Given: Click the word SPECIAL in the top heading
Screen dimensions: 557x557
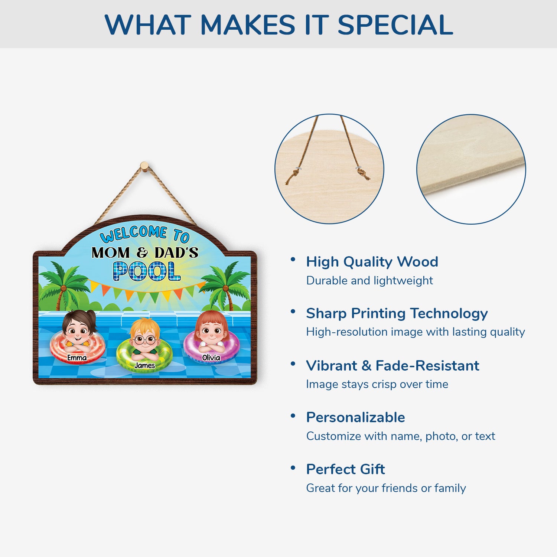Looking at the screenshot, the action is [395, 25].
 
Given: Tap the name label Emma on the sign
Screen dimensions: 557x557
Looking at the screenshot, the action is [77, 358].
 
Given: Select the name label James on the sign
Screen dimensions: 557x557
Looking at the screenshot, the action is [144, 365].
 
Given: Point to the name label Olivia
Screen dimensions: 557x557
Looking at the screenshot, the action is [211, 358].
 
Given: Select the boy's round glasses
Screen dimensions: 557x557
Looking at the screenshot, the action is [144, 339].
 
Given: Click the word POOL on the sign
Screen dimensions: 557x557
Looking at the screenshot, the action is [147, 271].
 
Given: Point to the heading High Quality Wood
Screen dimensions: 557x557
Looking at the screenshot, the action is [372, 262].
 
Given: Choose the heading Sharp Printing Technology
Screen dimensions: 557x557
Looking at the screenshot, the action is [397, 314].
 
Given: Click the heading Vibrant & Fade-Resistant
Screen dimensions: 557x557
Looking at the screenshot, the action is [392, 366].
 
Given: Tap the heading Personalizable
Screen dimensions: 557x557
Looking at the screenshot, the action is [355, 417].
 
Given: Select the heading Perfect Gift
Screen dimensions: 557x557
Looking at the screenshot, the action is [345, 469].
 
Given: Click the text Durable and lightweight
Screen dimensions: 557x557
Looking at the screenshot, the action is [369, 280].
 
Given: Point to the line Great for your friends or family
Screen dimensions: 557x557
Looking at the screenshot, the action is [386, 488].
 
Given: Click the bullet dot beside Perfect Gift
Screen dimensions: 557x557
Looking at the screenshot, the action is [293, 468].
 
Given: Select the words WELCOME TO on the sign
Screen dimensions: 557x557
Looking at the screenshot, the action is [144, 234].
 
